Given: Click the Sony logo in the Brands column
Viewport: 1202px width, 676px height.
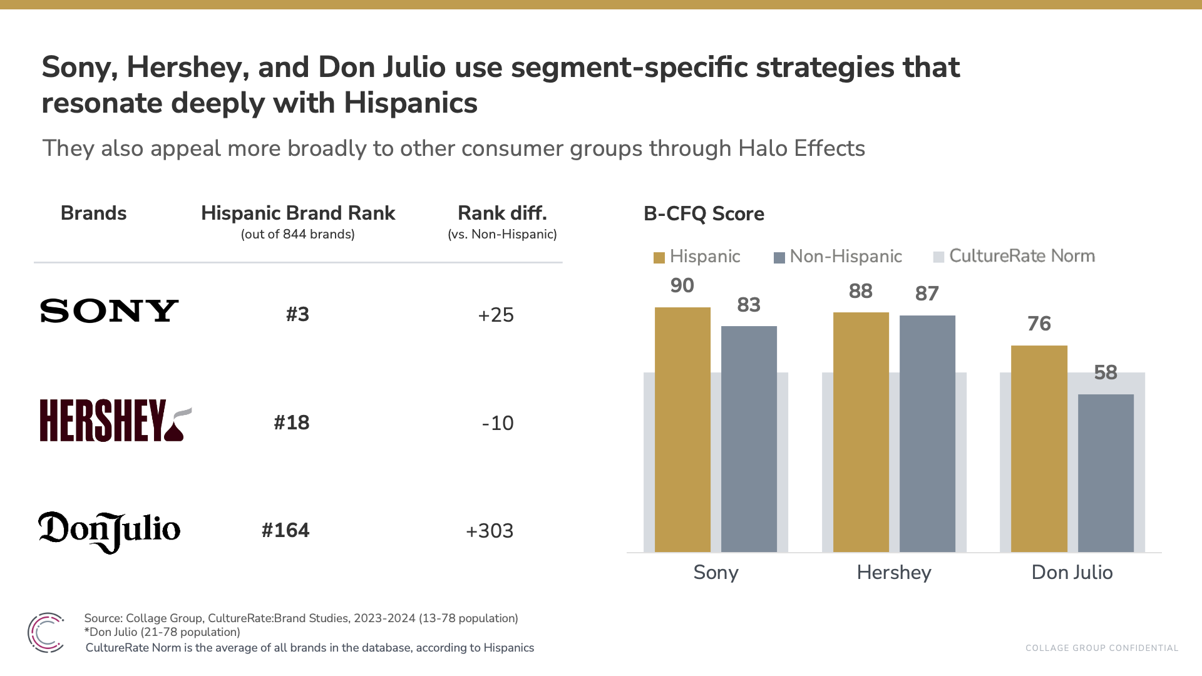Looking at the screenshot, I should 109,311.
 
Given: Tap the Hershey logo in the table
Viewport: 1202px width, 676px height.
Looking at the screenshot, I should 115,421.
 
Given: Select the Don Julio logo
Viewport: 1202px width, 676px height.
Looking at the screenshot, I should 109,531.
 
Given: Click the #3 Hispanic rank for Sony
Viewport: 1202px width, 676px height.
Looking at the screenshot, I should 297,314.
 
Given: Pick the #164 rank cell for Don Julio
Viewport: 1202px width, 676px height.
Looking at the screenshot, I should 285,531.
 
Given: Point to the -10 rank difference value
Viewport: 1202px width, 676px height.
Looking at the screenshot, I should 498,423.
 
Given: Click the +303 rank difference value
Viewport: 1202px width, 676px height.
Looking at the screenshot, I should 490,531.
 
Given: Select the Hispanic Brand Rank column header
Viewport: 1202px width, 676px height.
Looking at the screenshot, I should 298,213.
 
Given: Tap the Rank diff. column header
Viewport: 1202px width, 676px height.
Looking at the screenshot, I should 502,213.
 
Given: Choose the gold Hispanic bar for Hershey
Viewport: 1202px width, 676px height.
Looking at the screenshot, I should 861,432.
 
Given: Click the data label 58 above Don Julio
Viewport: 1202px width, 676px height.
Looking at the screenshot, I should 1106,372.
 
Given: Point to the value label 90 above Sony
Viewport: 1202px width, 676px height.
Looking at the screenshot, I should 682,285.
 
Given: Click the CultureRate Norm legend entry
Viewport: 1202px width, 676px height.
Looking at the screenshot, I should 1014,256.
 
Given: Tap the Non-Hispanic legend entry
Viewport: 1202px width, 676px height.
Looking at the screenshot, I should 838,257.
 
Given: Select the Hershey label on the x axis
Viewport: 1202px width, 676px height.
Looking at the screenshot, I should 894,572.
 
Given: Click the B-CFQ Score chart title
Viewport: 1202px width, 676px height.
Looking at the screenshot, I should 704,214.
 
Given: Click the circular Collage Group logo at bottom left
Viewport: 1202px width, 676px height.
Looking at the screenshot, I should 46,632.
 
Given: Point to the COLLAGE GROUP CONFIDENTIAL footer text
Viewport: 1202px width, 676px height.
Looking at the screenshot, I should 1102,648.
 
